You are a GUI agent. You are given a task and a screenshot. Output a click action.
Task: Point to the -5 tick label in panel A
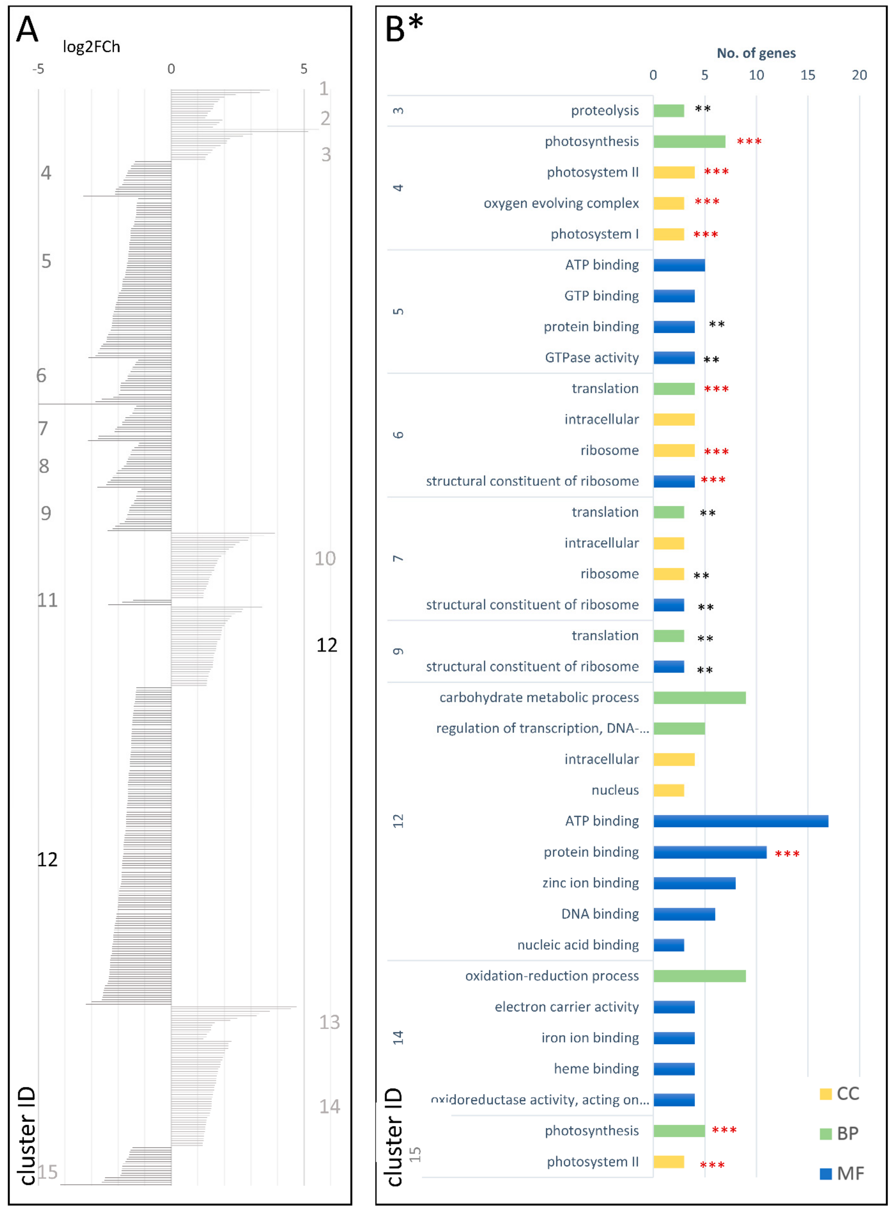click(x=38, y=69)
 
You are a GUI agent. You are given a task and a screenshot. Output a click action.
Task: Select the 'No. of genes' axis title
click(x=756, y=53)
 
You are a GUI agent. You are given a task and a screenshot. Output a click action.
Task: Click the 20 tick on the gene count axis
click(x=859, y=75)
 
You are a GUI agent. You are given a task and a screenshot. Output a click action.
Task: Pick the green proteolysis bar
click(x=668, y=110)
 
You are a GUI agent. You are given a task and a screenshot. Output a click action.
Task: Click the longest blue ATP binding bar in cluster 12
click(x=740, y=821)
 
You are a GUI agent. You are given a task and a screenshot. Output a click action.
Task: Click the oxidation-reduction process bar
click(x=699, y=976)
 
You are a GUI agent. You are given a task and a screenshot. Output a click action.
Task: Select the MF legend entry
click(x=842, y=1173)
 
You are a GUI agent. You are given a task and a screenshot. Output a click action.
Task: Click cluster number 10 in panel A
click(x=325, y=558)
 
